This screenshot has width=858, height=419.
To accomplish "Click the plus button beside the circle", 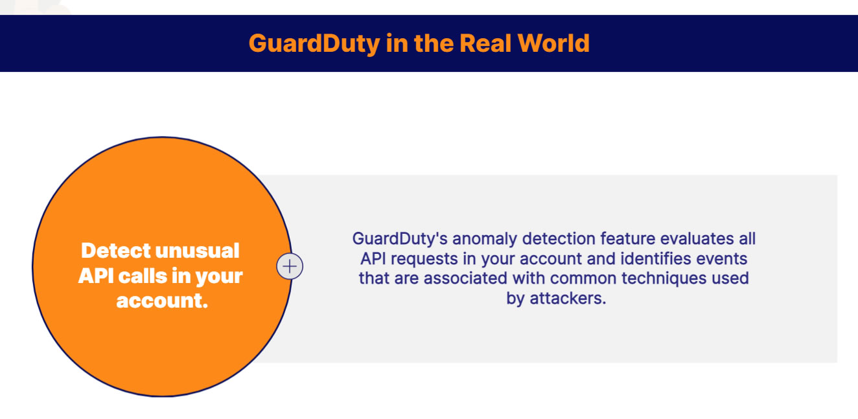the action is coord(290,266).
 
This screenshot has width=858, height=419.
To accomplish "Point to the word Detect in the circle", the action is coord(115,251).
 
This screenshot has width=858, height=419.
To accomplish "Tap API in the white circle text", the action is coord(96,276).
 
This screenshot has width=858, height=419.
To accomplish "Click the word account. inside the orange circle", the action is coord(161,300).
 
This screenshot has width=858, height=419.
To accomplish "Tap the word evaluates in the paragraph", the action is coord(695,238).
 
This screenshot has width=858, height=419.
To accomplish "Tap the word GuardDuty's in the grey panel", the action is coord(396,238).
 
